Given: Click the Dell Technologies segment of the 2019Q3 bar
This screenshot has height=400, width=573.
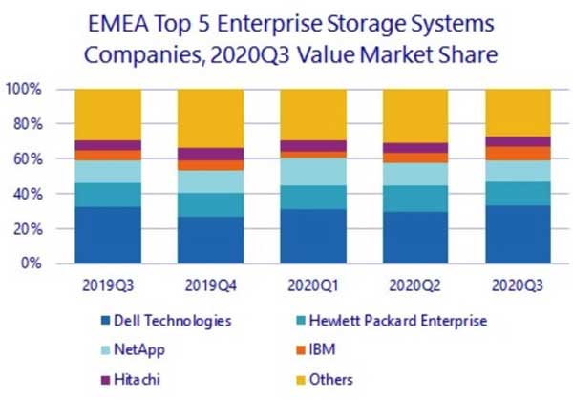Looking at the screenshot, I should (108, 235).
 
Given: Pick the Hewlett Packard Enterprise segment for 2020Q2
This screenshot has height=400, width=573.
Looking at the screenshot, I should (416, 199).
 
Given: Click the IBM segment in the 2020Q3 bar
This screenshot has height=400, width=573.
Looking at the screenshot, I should (519, 153).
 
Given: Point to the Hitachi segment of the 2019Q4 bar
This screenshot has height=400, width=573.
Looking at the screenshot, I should (210, 154).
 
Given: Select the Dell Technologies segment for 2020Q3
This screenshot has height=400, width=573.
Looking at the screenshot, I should (519, 235).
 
